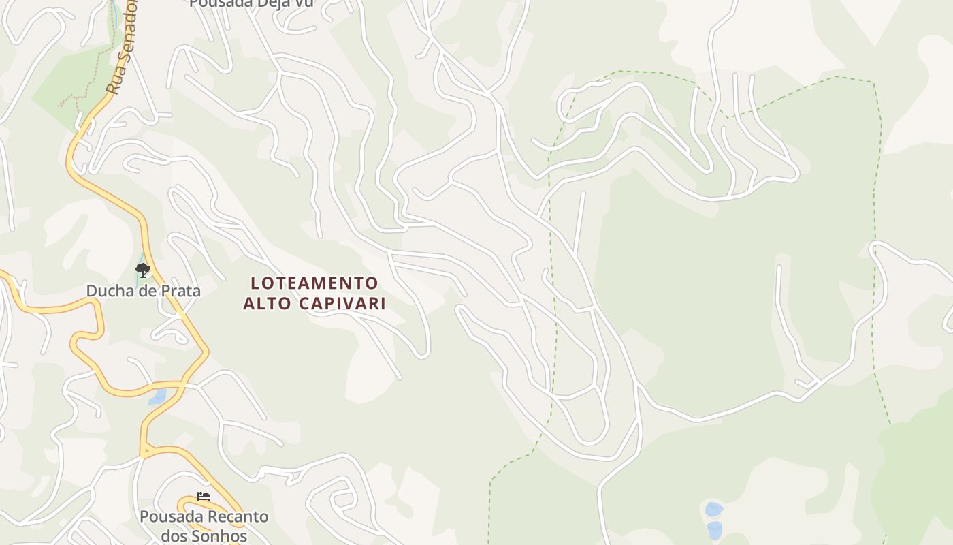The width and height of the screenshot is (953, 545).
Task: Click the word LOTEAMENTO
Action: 314,283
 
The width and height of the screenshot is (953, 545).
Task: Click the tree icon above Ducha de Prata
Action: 142,270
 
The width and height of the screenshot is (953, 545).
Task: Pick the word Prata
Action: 180,291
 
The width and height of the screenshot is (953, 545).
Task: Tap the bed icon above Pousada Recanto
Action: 203,497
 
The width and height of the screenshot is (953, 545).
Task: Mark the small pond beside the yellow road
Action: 157,397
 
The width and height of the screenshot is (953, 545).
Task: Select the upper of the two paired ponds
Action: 713,509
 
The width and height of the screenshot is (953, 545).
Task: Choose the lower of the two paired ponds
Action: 714,529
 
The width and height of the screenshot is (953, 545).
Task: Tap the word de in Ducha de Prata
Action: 146,291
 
